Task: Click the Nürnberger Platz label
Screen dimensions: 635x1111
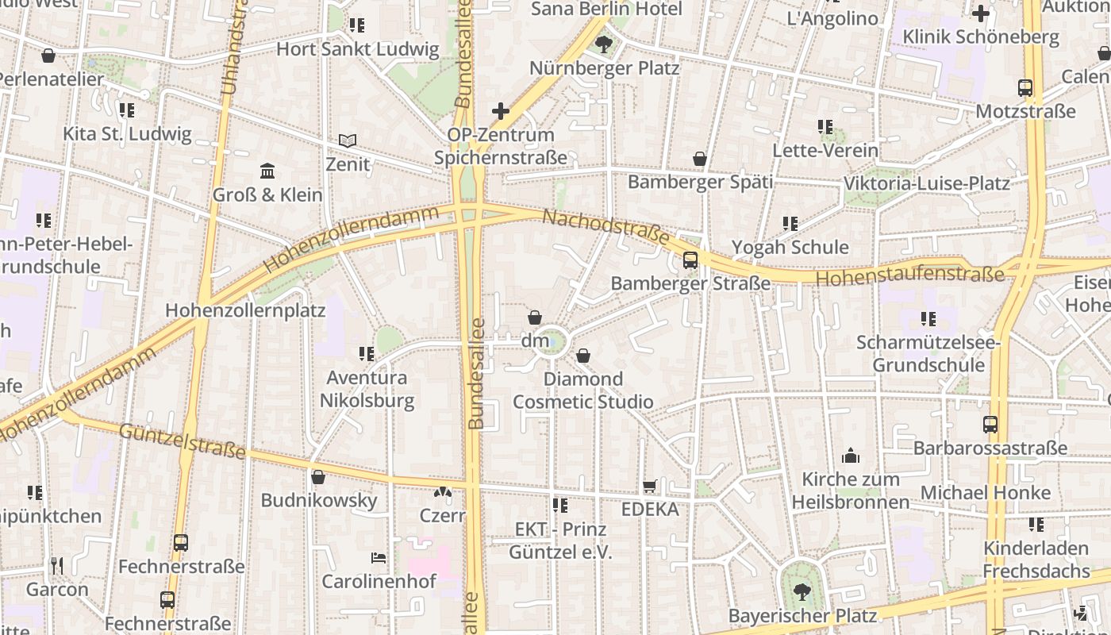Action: (604, 68)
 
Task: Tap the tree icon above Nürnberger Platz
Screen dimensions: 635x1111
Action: (604, 44)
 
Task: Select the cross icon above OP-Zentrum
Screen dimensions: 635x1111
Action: (500, 110)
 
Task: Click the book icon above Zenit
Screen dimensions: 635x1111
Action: (347, 140)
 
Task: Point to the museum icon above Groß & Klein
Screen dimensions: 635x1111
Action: (267, 171)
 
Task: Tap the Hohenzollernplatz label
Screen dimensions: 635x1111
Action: (245, 310)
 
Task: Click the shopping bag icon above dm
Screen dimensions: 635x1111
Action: (535, 317)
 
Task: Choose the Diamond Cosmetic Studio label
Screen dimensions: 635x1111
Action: (583, 390)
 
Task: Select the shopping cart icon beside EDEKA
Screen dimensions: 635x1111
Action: (649, 486)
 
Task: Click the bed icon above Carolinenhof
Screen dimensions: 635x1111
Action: (379, 558)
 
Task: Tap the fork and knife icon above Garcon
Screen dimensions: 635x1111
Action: (56, 565)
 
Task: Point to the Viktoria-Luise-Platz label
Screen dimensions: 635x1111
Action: (926, 183)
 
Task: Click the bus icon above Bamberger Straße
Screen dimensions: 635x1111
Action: (690, 260)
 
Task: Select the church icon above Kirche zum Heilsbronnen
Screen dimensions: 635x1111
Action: (851, 456)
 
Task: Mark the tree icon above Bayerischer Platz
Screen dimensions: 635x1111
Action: (802, 591)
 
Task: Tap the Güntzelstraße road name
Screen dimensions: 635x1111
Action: (183, 441)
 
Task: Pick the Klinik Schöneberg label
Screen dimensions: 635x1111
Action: (981, 37)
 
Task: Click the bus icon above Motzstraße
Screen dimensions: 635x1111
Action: (1025, 88)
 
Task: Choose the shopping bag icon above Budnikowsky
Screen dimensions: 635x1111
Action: (318, 477)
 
